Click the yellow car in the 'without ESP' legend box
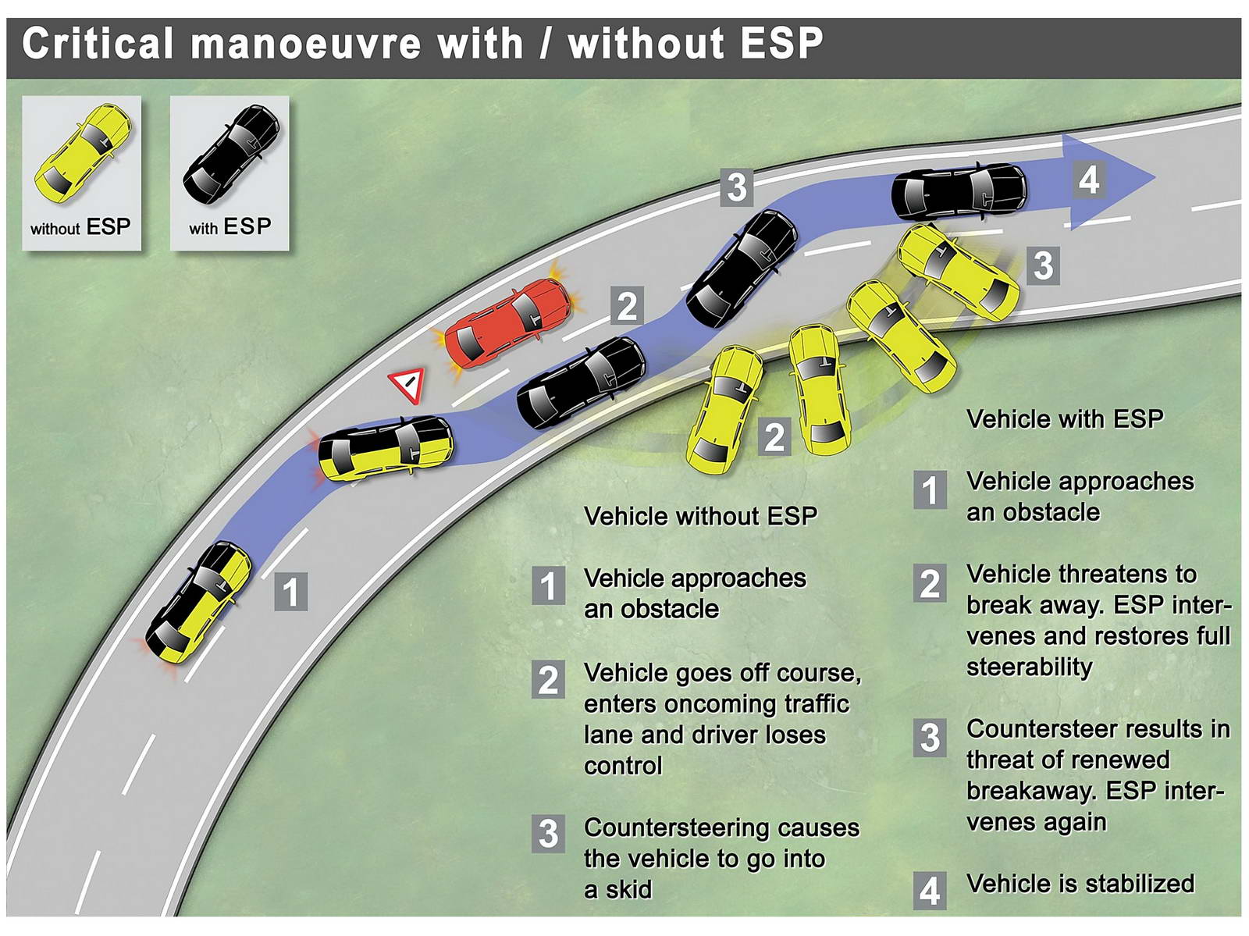84,155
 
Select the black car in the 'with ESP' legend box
231,155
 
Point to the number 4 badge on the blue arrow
1089,180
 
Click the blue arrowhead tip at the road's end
1155,177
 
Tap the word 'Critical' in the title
98,44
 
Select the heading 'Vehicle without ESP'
700,516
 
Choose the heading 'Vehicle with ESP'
1065,419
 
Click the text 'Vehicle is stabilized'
1080,884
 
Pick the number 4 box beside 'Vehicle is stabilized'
930,891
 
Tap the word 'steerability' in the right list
1029,667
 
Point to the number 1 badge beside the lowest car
290,592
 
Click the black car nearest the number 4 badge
959,192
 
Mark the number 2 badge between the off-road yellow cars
774,436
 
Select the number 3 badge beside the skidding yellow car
1043,265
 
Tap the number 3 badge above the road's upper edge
737,187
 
